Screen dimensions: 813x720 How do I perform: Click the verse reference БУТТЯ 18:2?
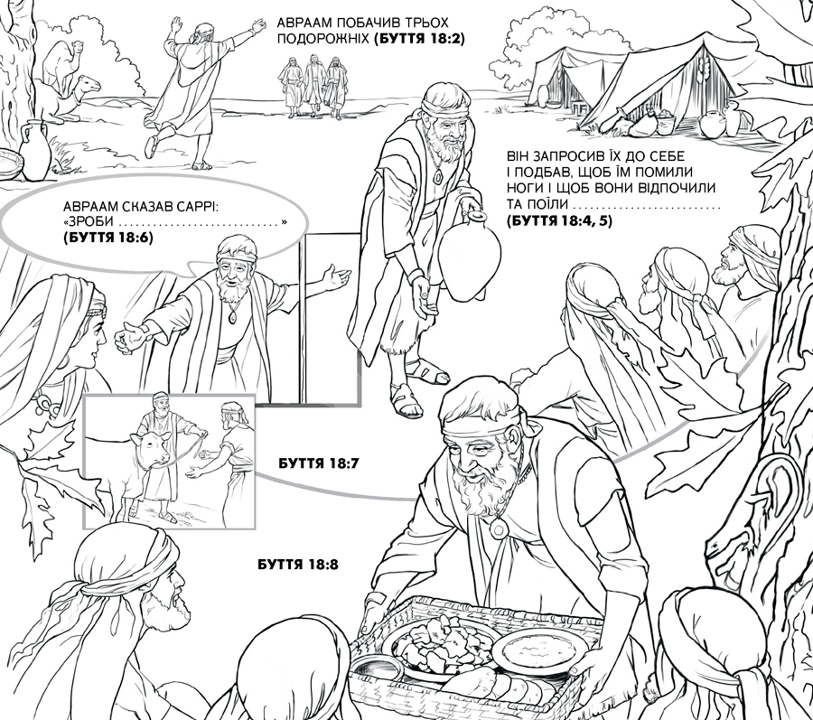pyautogui.click(x=419, y=39)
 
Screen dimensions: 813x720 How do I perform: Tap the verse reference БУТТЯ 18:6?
pyautogui.click(x=108, y=238)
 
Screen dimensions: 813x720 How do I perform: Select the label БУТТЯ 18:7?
pyautogui.click(x=318, y=463)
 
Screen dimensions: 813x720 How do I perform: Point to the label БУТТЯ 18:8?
pyautogui.click(x=297, y=564)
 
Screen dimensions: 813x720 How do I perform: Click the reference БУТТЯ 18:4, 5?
pyautogui.click(x=559, y=220)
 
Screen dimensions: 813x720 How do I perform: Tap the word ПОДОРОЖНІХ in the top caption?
pyautogui.click(x=323, y=40)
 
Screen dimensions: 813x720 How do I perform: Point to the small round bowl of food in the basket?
pyautogui.click(x=540, y=650)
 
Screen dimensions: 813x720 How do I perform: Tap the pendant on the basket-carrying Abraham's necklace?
pyautogui.click(x=500, y=528)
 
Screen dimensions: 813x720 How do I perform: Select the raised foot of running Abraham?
pyautogui.click(x=151, y=146)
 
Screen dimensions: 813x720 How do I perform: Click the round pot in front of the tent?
pyautogui.click(x=710, y=125)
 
